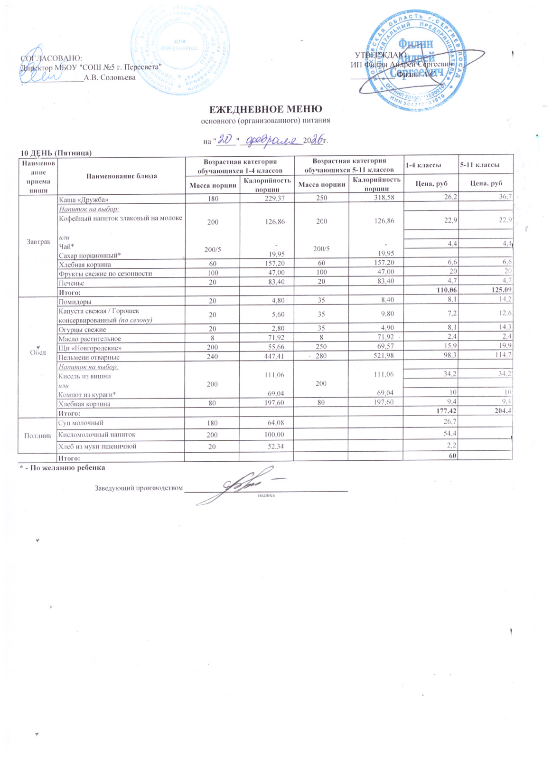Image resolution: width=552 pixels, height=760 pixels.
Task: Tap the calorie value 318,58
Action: pos(384,198)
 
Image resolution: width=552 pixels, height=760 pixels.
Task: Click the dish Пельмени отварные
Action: pos(89,357)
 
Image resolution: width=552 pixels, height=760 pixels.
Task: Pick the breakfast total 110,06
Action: pos(446,290)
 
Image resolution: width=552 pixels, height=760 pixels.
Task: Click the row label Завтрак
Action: pos(38,242)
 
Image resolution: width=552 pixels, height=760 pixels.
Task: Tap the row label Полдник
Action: pos(37,435)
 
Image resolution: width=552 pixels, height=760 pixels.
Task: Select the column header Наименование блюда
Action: pos(122,176)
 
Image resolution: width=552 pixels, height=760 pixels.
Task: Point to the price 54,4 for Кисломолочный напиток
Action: pos(449,434)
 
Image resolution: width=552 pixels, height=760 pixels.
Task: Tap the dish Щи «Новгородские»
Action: pos(90,348)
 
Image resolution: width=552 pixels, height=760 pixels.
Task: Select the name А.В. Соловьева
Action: pos(110,77)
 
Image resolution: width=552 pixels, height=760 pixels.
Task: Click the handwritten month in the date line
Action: pos(269,140)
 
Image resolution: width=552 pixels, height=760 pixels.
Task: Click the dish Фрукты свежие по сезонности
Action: pos(105,274)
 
